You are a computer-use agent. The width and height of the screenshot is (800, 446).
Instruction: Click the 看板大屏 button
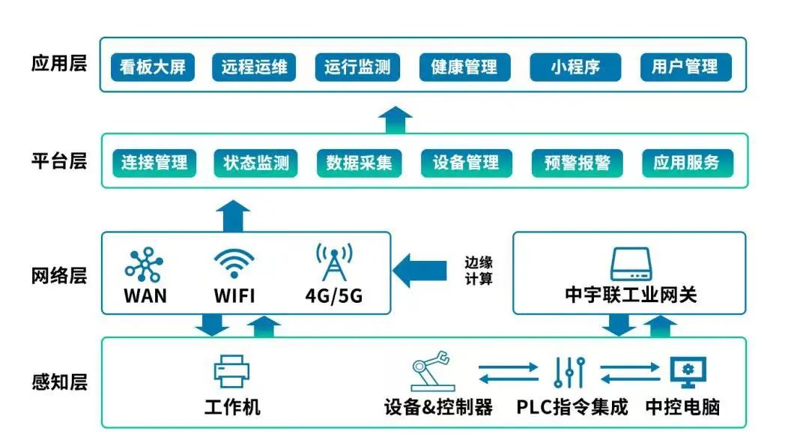click(x=153, y=67)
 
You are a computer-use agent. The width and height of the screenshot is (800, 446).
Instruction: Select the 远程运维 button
click(x=254, y=67)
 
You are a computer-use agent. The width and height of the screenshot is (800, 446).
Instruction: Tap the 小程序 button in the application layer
click(x=575, y=67)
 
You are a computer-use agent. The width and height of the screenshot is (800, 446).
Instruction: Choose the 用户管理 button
click(x=685, y=67)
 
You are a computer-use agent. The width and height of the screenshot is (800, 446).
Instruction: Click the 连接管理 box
click(x=154, y=163)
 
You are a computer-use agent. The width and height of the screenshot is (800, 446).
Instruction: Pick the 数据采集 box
click(x=359, y=163)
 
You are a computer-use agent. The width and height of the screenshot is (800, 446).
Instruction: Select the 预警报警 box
click(x=577, y=163)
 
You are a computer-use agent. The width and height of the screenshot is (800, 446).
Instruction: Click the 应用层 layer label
click(x=59, y=63)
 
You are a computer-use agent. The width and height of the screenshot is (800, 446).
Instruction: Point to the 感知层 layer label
click(x=59, y=382)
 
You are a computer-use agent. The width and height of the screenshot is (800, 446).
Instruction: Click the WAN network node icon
click(x=144, y=264)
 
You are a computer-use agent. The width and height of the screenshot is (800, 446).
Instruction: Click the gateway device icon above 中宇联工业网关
click(x=631, y=263)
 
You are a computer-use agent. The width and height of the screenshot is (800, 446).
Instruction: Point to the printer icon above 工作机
click(x=232, y=371)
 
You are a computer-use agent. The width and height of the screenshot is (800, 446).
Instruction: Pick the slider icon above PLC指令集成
click(x=569, y=371)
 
